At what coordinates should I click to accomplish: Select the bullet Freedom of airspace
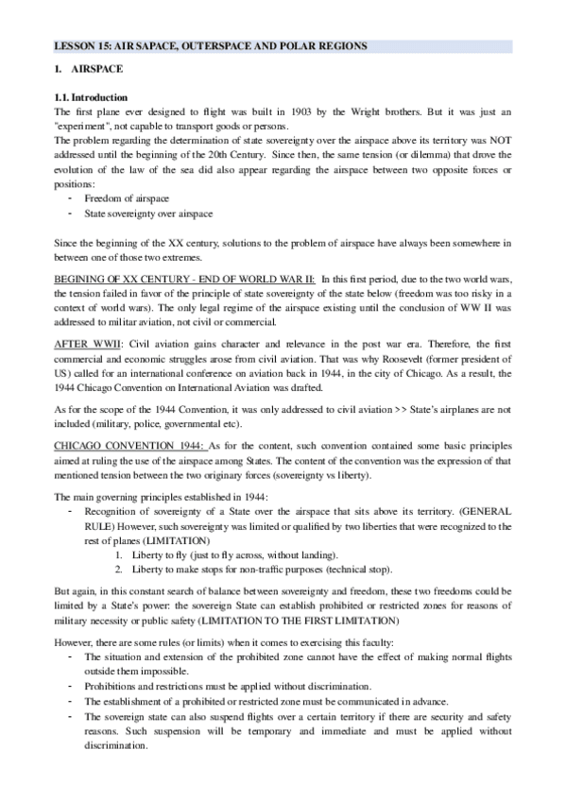[x=127, y=198]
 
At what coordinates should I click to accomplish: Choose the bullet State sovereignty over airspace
[x=148, y=213]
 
